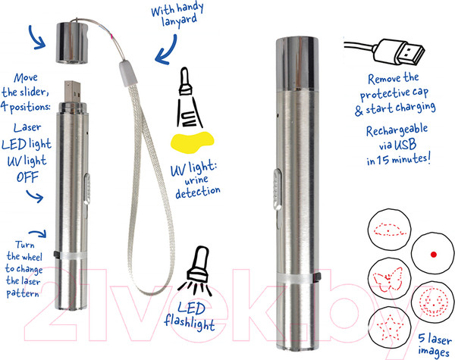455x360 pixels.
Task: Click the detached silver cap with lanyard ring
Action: (x=72, y=42)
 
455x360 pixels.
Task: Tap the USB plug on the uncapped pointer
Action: (x=73, y=92)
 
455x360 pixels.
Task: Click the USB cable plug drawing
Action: (x=385, y=52)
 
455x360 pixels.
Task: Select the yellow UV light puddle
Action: (x=192, y=142)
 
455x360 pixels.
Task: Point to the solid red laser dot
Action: (x=433, y=255)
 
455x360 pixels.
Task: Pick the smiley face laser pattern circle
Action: (x=433, y=302)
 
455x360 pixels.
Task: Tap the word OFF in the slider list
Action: (x=27, y=177)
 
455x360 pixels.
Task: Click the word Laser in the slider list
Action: (x=27, y=127)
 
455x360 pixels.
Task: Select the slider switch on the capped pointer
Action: (x=278, y=189)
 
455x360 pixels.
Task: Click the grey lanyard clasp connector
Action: (x=128, y=74)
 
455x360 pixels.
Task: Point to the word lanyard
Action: (x=179, y=21)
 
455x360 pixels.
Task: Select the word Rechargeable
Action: (x=397, y=130)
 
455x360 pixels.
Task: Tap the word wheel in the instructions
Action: (x=33, y=257)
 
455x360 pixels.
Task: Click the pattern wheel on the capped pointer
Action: (x=297, y=277)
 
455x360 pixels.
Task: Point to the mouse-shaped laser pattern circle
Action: (x=389, y=229)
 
